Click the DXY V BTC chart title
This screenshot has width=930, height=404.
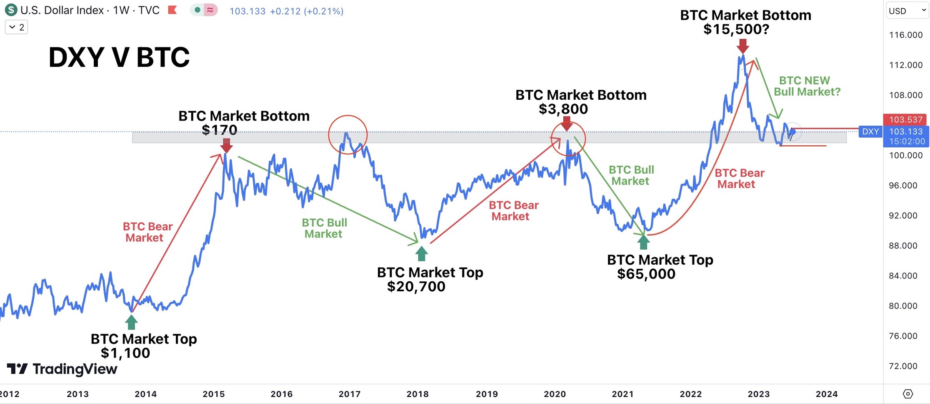click(119, 57)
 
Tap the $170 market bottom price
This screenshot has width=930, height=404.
click(219, 130)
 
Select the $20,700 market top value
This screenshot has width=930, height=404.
click(416, 287)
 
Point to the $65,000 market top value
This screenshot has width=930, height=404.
click(646, 274)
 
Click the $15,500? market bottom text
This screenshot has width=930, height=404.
click(736, 30)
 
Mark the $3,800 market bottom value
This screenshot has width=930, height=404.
click(563, 109)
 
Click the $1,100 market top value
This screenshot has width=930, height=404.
click(125, 353)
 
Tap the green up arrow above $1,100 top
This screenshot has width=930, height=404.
click(131, 322)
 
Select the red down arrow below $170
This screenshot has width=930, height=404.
click(226, 145)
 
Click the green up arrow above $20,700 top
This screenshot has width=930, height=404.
click(421, 253)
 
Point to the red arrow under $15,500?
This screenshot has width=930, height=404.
click(742, 46)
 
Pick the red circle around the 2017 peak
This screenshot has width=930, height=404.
click(347, 134)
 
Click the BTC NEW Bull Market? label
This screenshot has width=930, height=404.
click(807, 86)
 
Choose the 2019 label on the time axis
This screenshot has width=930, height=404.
click(487, 394)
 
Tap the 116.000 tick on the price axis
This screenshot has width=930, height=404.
click(905, 35)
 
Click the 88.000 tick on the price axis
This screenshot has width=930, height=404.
click(903, 246)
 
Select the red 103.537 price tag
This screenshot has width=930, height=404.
click(905, 120)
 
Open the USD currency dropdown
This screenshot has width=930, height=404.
click(907, 11)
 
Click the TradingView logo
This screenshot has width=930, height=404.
click(62, 369)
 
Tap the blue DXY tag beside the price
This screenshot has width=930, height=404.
click(870, 132)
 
